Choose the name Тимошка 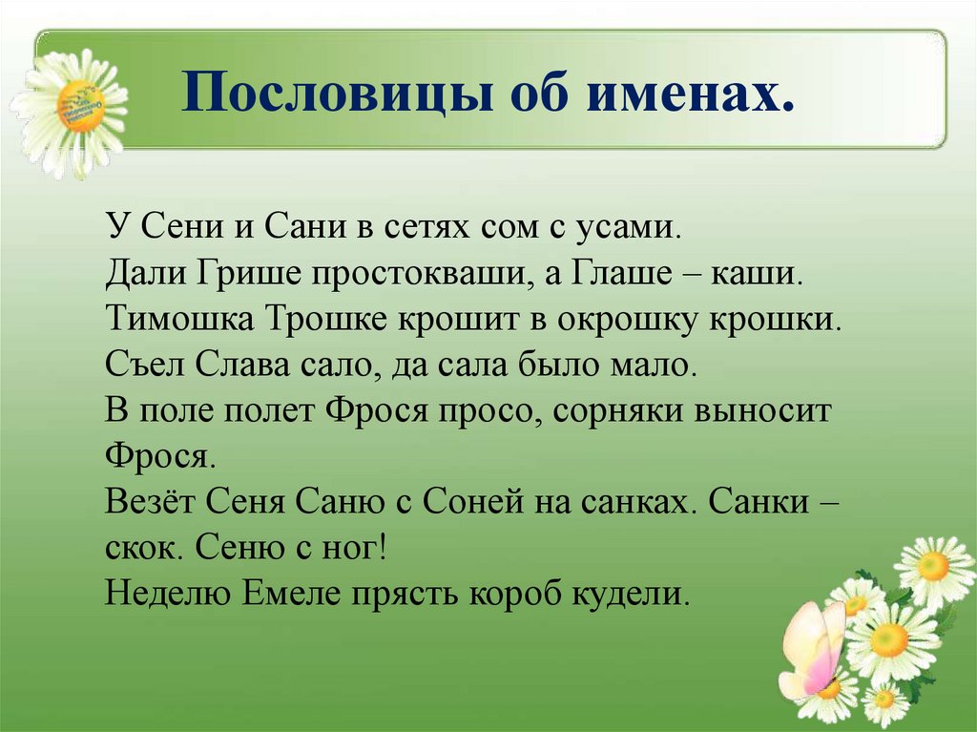pyautogui.click(x=180, y=318)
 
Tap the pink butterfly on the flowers pyautogui.click(x=813, y=649)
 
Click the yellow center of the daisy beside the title pyautogui.click(x=80, y=105)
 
